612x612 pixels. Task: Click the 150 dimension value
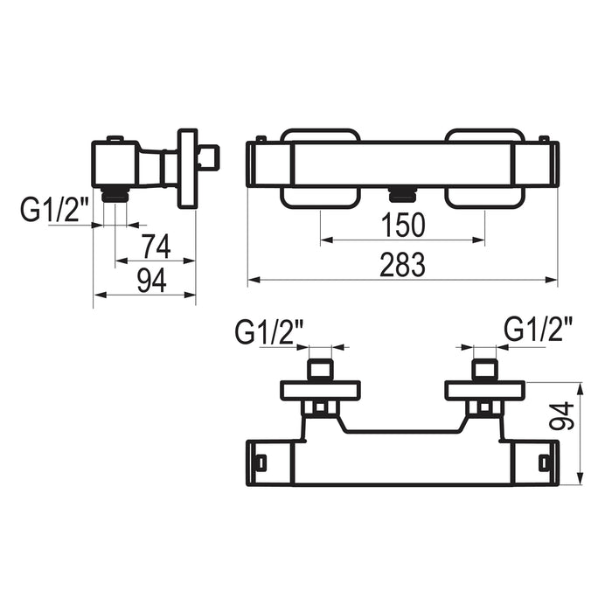402,226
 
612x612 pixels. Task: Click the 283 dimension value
402,265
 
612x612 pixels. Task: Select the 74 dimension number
156,247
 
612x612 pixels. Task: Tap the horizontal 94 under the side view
152,281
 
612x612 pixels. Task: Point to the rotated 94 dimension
562,416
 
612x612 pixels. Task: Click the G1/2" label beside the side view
55,210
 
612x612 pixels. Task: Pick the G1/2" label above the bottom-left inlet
269,331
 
